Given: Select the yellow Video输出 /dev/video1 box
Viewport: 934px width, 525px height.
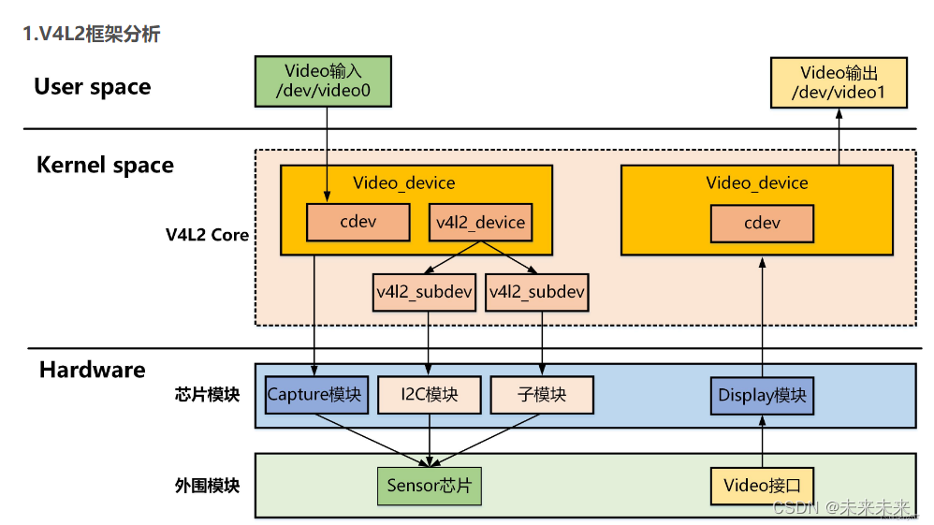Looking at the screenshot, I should pos(838,81).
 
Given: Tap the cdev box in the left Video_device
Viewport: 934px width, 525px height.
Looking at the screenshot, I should pos(358,223).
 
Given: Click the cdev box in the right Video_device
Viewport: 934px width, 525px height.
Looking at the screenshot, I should pos(762,223).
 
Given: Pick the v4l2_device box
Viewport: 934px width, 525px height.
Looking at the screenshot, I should pos(481,223).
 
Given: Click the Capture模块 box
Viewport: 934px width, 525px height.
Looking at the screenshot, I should pos(314,394).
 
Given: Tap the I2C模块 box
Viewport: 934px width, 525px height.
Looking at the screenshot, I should pos(430,394).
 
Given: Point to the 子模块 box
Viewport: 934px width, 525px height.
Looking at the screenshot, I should pos(542,394).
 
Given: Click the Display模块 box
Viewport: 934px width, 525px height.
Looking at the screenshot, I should pos(762,394).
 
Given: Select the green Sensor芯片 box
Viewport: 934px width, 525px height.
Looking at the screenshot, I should pos(429,485).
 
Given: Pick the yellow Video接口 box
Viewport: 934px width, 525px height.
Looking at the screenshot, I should pos(762,485).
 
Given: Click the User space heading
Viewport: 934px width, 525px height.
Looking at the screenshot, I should pos(92,87).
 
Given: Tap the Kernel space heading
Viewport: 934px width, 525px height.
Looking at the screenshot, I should pos(105,166).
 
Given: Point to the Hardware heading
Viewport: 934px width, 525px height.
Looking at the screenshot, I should pos(92,370).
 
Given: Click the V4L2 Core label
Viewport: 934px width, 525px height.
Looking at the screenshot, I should pos(208,234).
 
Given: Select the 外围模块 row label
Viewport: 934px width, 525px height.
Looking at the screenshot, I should pos(207,486).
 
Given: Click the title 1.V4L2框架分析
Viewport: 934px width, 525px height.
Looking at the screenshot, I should pos(92,35).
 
